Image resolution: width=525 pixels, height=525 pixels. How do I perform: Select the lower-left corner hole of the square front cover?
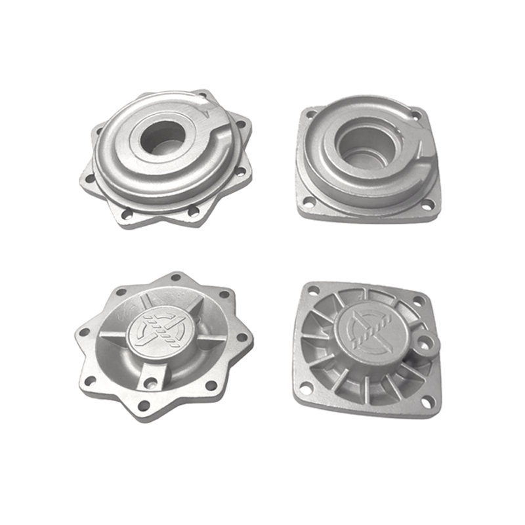point(306,201)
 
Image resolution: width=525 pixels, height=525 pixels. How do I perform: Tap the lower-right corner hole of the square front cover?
point(427,207)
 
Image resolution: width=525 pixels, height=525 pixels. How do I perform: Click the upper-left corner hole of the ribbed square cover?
point(314,290)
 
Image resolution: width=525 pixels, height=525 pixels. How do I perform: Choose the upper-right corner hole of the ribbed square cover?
point(419,301)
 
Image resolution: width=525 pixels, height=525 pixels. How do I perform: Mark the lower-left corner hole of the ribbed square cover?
point(304,387)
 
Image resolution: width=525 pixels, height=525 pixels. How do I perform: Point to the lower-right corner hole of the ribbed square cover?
point(427,401)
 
